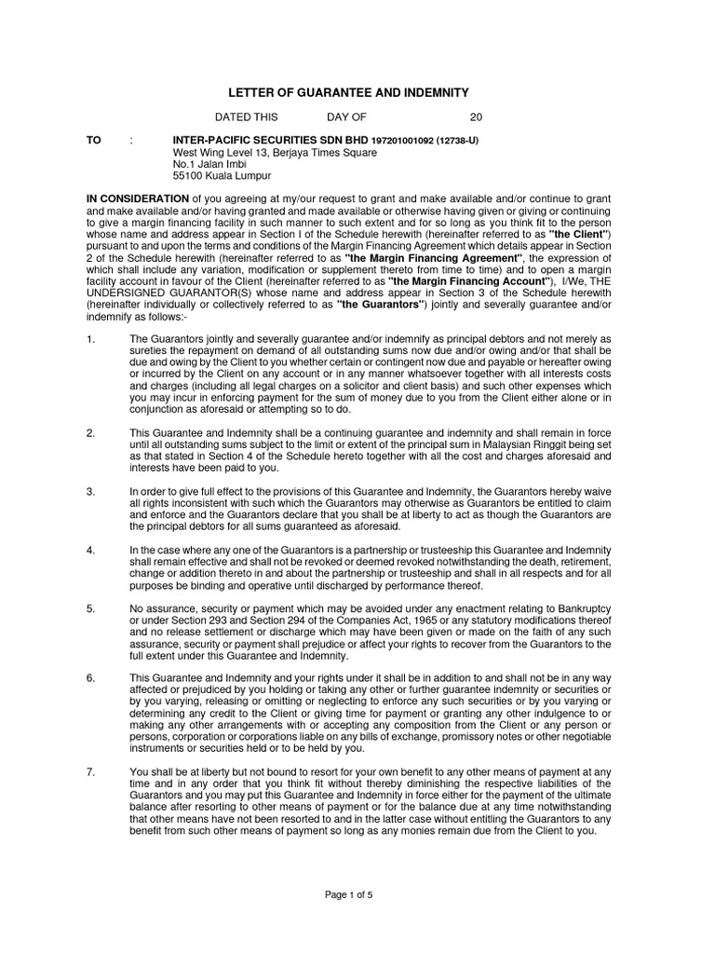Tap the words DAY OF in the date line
[347, 118]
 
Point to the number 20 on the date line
[476, 118]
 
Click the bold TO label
[94, 140]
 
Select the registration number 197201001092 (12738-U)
[425, 141]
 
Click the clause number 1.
[91, 339]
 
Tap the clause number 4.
[91, 551]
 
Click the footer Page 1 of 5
[349, 894]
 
